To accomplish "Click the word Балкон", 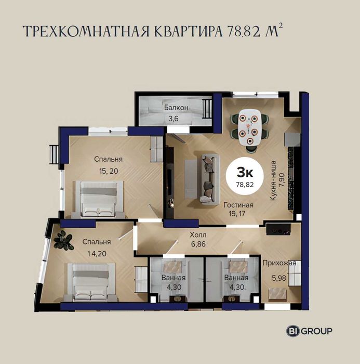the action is [x=176, y=108].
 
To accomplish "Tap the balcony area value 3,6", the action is [x=174, y=119].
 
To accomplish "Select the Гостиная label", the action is [x=238, y=205].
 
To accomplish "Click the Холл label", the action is [x=198, y=235].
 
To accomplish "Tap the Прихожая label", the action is [x=279, y=263].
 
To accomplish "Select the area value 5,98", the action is [x=279, y=278].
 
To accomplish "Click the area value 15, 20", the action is [x=109, y=171].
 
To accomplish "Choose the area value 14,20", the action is [x=97, y=254].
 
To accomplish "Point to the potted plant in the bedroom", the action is [x=63, y=241].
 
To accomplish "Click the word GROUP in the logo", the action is [x=316, y=331].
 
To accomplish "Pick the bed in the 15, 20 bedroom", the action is [x=99, y=200].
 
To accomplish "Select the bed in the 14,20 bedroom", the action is [x=91, y=282].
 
